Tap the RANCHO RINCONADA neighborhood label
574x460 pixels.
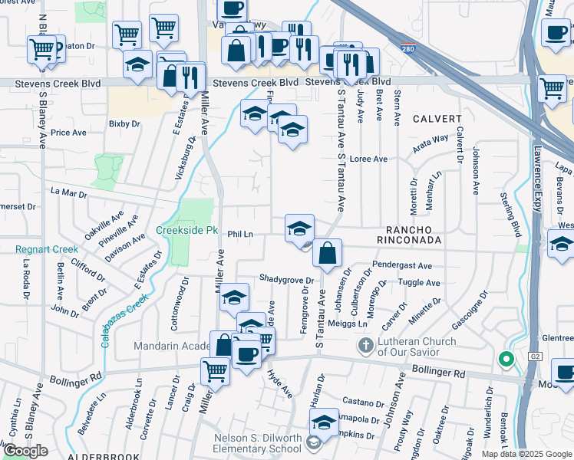click(x=414, y=235)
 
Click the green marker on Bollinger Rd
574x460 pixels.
click(x=505, y=358)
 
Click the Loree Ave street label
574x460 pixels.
click(x=368, y=159)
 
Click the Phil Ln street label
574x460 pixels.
click(x=241, y=234)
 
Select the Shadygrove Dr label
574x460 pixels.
click(x=287, y=279)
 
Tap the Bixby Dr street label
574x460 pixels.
click(x=124, y=123)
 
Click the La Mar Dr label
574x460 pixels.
click(x=68, y=193)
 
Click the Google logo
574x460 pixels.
click(x=25, y=451)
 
